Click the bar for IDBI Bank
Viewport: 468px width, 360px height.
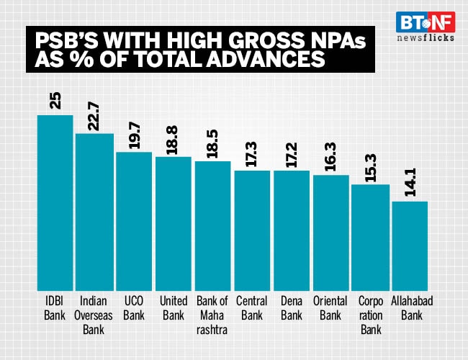click(55, 202)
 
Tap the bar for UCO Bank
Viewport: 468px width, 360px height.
click(134, 220)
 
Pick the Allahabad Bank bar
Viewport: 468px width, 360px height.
click(410, 245)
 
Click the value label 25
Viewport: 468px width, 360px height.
click(55, 100)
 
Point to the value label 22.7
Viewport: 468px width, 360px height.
click(94, 116)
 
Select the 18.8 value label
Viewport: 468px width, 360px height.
click(174, 139)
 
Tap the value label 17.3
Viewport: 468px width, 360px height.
click(253, 153)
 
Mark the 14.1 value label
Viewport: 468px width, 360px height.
click(410, 184)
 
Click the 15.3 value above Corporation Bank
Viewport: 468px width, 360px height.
click(371, 168)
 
